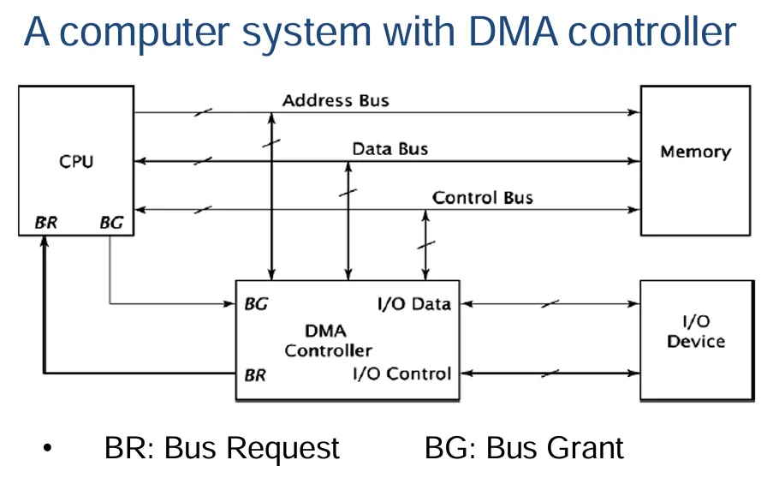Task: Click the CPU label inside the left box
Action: pos(76,162)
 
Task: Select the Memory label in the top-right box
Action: pos(695,152)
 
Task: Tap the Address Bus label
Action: pos(336,101)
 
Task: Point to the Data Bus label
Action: pos(390,148)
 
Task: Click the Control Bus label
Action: pos(483,198)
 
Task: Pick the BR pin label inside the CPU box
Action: pos(46,223)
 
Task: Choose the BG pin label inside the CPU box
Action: pos(111,223)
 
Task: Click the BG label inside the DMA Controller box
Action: pos(256,303)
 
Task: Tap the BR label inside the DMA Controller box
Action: pos(255,375)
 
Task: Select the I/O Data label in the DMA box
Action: pos(414,303)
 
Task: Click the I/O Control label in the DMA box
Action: pos(402,373)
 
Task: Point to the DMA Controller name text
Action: pos(328,341)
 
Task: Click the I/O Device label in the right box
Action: pos(695,332)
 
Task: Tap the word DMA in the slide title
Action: pos(513,33)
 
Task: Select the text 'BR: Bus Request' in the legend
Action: pos(222,448)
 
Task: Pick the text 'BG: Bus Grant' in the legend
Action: pos(524,448)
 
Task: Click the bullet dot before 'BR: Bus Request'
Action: pos(48,448)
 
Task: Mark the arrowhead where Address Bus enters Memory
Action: pos(634,112)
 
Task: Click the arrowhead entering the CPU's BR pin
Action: pos(45,242)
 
